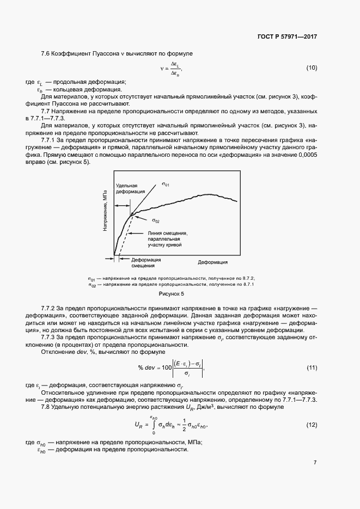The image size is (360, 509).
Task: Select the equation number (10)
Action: [312, 68]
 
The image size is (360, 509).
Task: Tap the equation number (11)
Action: [312, 367]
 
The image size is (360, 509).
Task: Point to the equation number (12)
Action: [312, 424]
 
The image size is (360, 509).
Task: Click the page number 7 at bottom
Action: [315, 463]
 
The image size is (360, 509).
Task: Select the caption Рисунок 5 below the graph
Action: [172, 294]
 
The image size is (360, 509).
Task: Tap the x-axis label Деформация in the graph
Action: [212, 262]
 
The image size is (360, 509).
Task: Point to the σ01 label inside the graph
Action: [166, 185]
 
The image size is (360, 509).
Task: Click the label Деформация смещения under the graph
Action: [143, 262]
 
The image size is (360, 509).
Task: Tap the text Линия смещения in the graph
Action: [167, 232]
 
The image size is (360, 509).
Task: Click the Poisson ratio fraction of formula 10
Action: [175, 69]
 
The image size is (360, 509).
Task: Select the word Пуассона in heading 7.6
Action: [108, 53]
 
